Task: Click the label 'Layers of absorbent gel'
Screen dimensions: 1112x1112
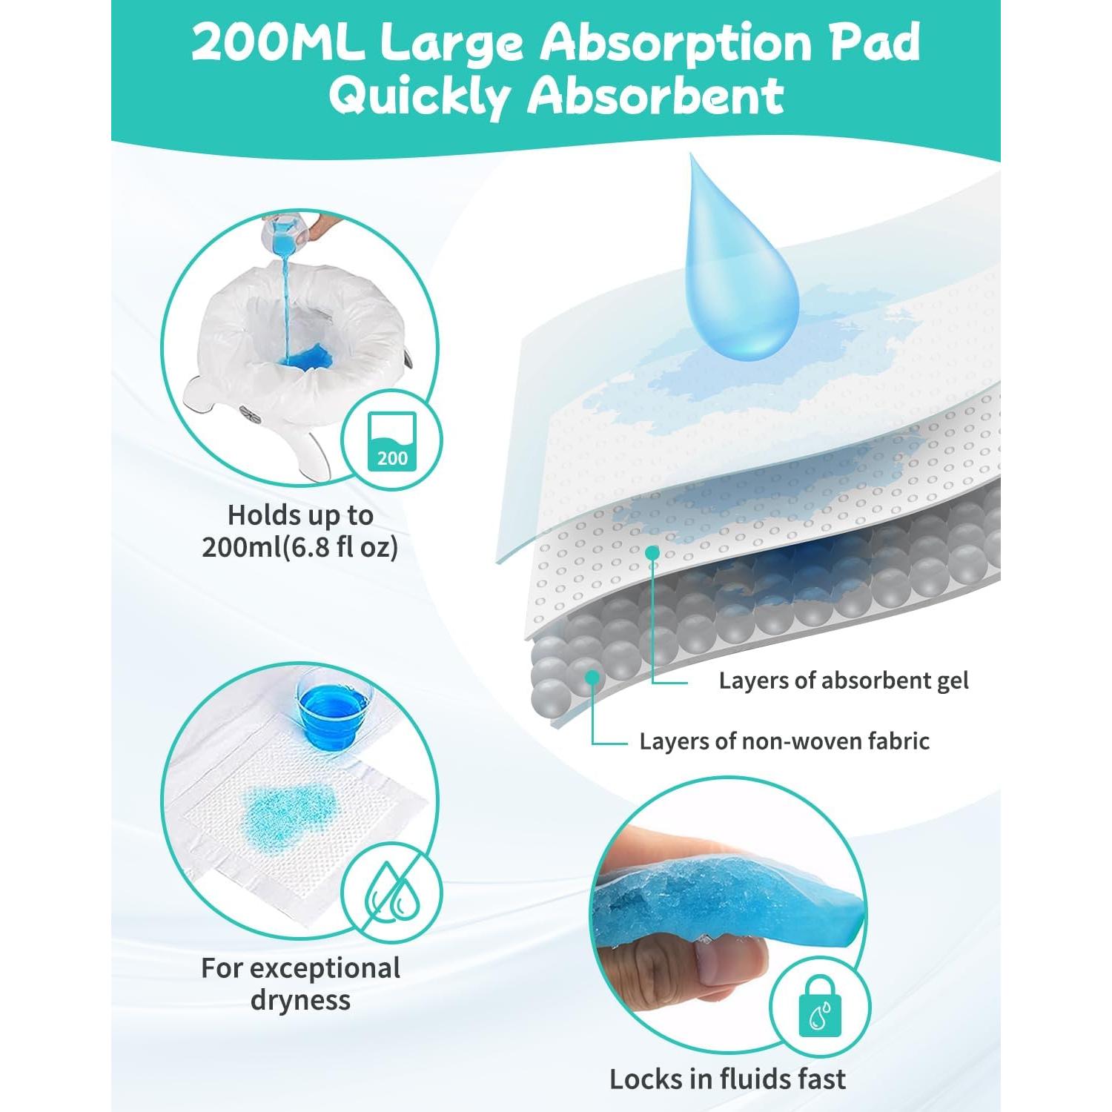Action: click(843, 681)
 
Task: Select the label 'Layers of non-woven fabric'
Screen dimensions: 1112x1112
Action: click(784, 741)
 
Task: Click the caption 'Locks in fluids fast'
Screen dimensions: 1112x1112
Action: click(727, 1079)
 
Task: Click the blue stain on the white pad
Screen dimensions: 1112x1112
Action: click(289, 808)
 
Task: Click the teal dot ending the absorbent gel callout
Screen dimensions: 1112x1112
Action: click(652, 552)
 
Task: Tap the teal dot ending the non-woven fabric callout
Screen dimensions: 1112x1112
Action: click(592, 676)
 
